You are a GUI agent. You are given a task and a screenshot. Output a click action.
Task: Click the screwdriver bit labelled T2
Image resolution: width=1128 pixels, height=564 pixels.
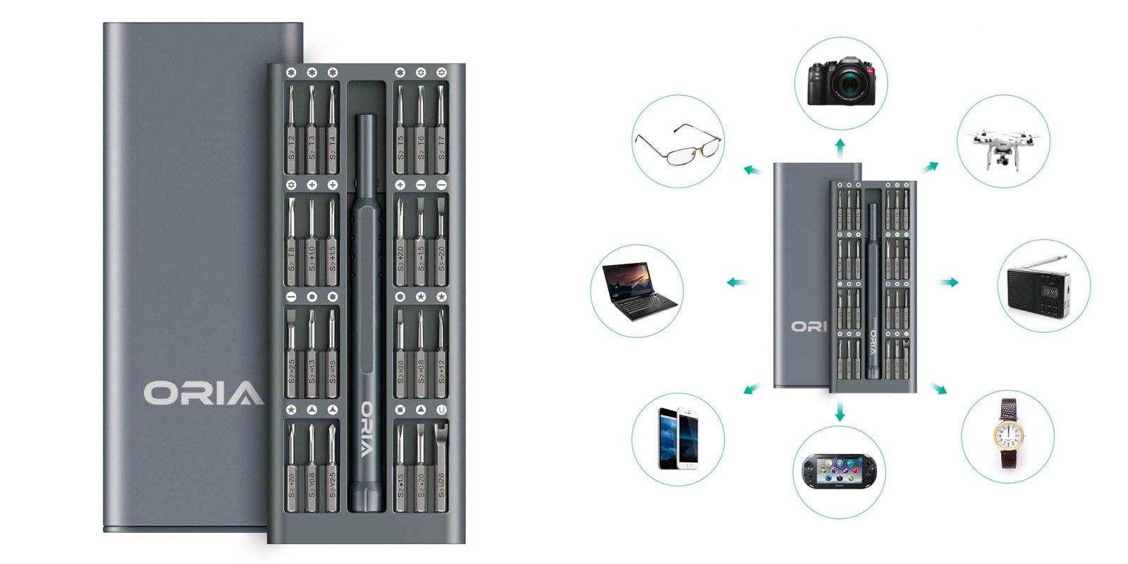pyautogui.click(x=291, y=130)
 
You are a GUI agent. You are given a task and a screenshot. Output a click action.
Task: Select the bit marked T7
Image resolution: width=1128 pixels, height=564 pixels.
pyautogui.click(x=441, y=130)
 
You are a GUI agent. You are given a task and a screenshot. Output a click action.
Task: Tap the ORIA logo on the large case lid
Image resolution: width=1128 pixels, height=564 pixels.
pyautogui.click(x=204, y=393)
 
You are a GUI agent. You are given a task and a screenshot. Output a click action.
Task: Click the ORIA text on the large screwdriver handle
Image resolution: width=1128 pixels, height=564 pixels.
pyautogui.click(x=367, y=429)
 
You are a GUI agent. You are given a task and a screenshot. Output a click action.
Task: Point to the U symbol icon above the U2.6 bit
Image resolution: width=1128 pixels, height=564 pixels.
pyautogui.click(x=441, y=410)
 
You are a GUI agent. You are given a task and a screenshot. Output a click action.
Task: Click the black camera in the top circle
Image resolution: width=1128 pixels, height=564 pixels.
pyautogui.click(x=841, y=82)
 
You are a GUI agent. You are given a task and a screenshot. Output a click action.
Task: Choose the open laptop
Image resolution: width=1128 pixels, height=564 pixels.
pyautogui.click(x=638, y=290)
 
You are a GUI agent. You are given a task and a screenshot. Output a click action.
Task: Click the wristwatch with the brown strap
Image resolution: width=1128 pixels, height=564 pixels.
pyautogui.click(x=1009, y=435)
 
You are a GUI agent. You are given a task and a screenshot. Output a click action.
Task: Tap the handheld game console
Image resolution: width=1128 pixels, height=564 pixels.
pyautogui.click(x=839, y=470)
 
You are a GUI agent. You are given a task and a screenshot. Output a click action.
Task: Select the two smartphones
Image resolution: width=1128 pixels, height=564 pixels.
pyautogui.click(x=678, y=438)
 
